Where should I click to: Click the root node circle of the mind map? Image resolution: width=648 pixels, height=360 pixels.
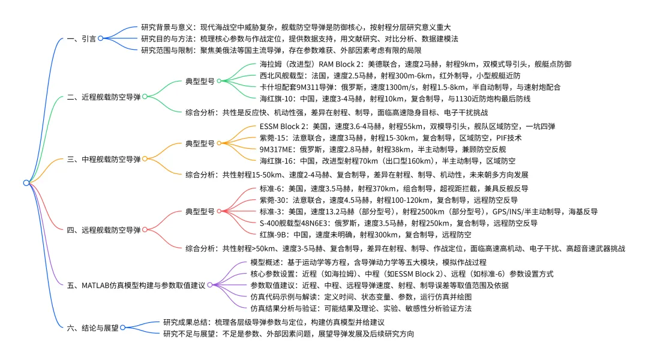(26, 182)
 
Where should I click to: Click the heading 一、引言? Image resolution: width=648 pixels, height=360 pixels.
(80, 38)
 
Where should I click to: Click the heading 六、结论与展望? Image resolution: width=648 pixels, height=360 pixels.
(92, 327)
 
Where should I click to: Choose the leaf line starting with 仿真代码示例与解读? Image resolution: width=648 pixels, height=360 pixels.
(361, 297)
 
